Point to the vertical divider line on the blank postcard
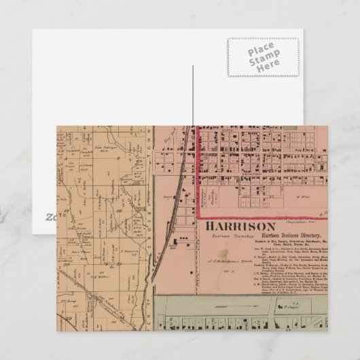194,95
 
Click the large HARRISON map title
237,227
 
